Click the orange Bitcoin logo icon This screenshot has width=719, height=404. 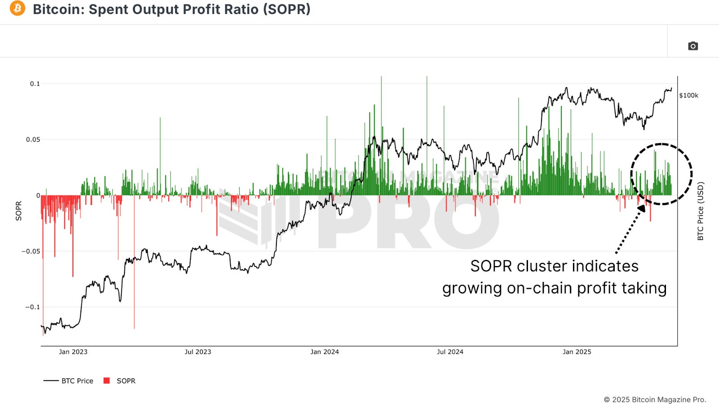pos(18,8)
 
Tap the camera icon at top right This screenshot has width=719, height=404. pos(692,46)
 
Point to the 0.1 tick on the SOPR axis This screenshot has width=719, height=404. pos(35,84)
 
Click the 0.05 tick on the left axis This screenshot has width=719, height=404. pos(33,140)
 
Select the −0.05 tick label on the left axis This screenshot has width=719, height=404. pos(31,251)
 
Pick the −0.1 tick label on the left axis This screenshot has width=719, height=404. pos(32,307)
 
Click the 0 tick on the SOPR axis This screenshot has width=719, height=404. pos(38,195)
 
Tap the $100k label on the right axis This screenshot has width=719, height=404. pos(688,95)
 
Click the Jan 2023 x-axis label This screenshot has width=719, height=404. pos(73,352)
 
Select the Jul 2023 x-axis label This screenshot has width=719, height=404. pos(198,352)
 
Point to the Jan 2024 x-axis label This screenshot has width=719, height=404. pos(324,352)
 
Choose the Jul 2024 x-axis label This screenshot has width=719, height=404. pos(450,352)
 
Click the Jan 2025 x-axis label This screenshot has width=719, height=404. pos(577,352)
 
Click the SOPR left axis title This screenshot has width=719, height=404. pos(18,211)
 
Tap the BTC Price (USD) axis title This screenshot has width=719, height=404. pos(700,211)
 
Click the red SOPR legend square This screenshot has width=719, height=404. pos(107,381)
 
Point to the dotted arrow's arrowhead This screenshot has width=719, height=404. pos(642,209)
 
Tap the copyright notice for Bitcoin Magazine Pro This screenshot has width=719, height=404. pos(654,400)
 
